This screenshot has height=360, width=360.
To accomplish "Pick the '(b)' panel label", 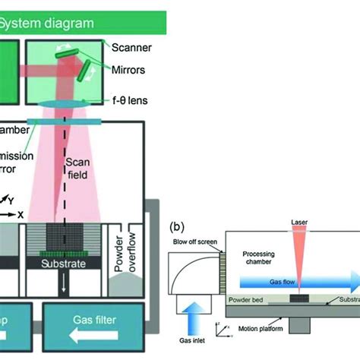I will [177, 226].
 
